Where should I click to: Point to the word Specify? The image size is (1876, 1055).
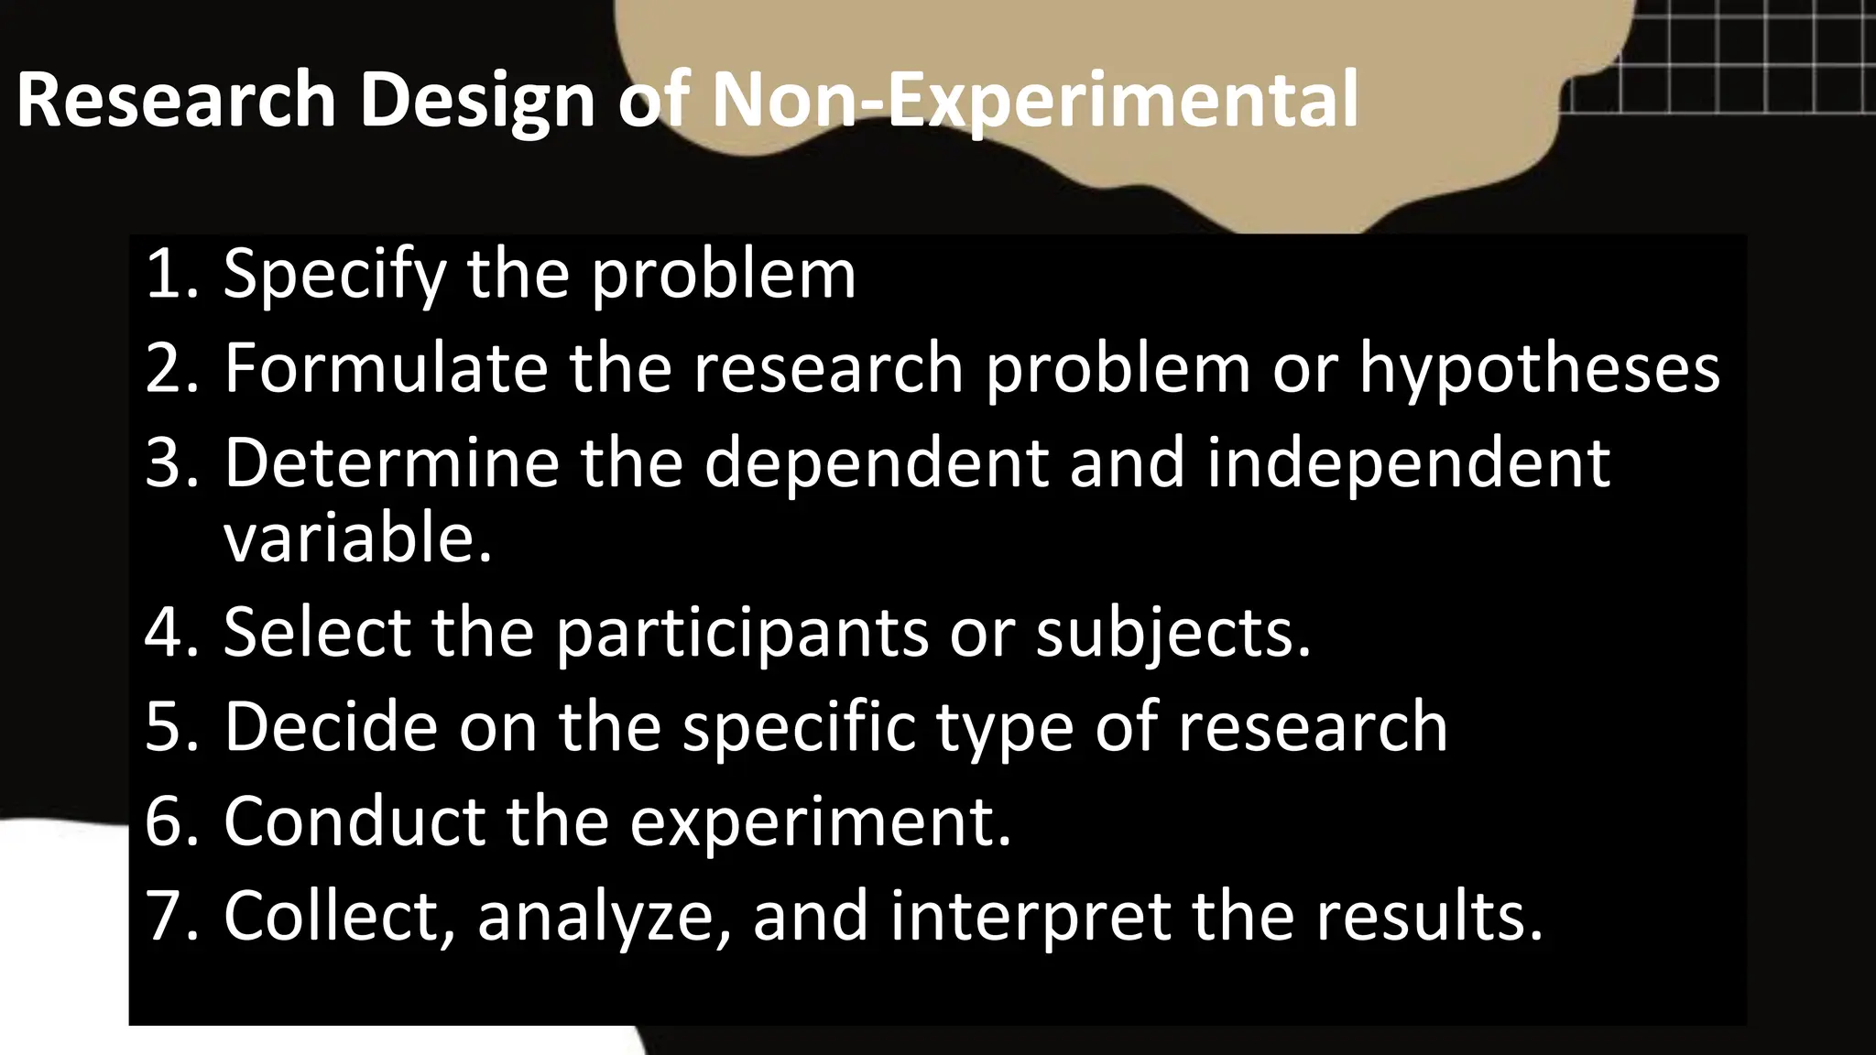333,275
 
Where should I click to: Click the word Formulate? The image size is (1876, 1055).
385,367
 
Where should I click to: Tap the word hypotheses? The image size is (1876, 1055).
1539,369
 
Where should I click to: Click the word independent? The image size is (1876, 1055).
1408,464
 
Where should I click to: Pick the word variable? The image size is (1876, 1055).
357,538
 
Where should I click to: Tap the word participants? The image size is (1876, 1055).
742,633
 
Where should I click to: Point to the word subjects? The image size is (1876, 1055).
1173,633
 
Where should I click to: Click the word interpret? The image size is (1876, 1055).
1030,916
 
